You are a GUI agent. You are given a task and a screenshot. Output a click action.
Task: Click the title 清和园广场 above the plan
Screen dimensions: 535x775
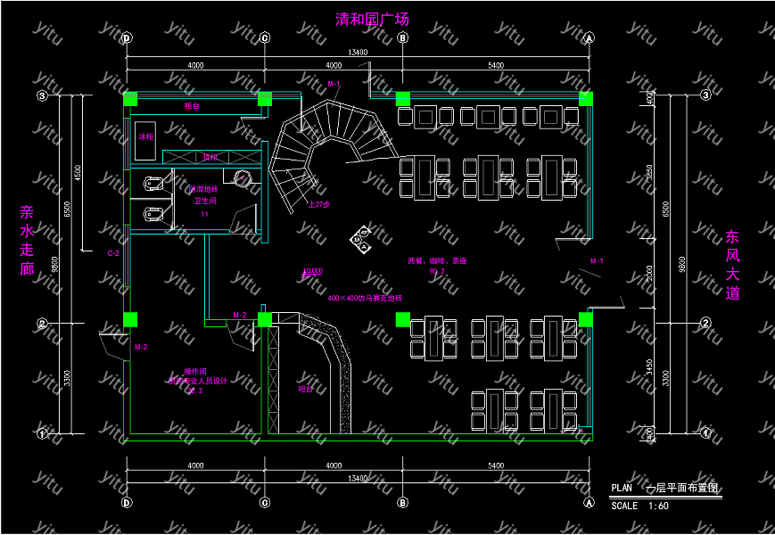372,19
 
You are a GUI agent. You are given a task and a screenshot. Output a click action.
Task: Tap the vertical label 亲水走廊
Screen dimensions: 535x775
27,241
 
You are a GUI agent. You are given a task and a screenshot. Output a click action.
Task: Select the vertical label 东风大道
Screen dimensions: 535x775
732,265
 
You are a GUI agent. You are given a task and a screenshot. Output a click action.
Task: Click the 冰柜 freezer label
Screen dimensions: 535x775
144,137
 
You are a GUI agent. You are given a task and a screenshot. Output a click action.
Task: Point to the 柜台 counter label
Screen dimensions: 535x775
192,106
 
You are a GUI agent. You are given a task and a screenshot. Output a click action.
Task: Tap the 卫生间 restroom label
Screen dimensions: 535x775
205,202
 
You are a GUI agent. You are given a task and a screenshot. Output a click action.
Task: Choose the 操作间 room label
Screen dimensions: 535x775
195,371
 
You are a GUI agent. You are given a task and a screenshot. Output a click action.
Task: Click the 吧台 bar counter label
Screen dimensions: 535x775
305,389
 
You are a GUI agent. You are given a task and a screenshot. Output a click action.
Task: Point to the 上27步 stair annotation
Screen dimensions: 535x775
318,204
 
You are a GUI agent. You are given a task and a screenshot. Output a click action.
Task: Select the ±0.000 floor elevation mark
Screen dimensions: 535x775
312,271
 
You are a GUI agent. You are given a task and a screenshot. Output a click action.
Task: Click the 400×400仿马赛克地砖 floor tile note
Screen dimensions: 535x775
365,297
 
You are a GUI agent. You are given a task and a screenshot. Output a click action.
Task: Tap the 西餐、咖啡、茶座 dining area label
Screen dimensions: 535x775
437,261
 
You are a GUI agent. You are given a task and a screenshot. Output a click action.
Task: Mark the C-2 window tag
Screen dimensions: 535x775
113,254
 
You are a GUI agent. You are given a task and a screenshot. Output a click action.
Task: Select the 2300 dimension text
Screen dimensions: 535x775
650,272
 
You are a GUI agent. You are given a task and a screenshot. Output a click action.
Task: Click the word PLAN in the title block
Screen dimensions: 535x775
622,488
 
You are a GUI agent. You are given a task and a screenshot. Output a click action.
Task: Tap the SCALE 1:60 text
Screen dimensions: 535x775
639,506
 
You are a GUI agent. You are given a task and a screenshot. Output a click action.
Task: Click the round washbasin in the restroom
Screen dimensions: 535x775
243,177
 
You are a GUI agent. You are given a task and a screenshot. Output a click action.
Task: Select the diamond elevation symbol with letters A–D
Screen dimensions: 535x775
360,240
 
